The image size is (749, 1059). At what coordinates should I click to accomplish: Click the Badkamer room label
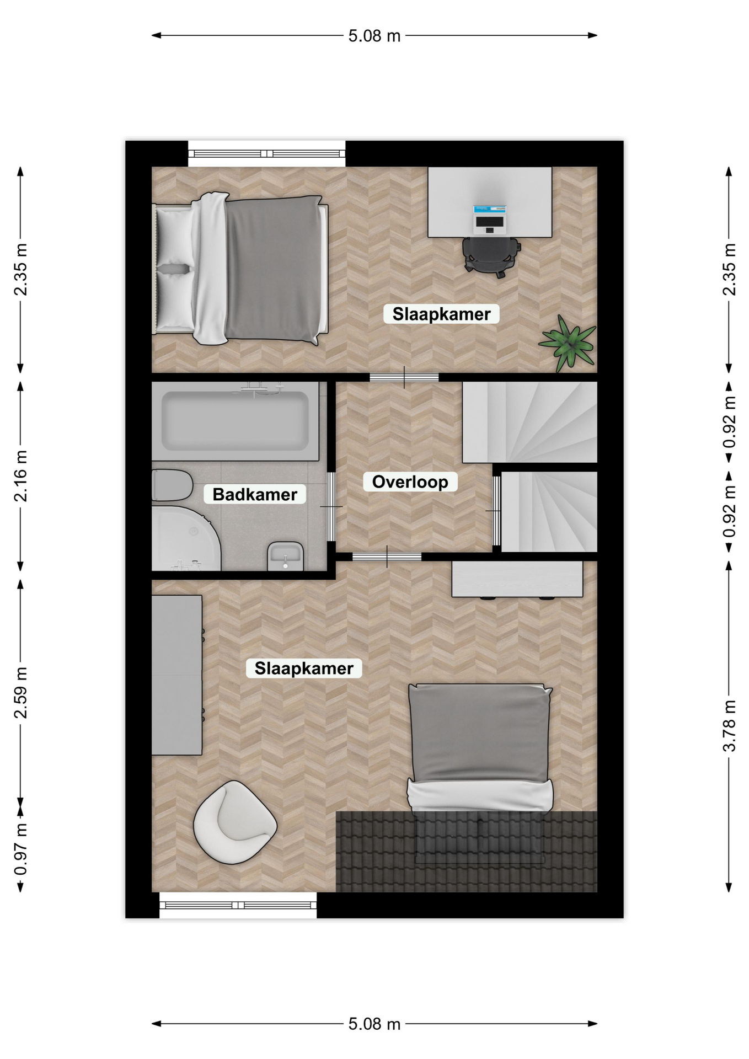pos(255,494)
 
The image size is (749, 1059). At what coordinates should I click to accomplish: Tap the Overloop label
pos(410,482)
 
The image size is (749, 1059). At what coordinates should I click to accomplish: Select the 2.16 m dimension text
pos(20,476)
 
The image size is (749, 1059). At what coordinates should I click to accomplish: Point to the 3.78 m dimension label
pos(729,725)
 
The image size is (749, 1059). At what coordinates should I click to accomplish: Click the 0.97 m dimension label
pos(20,849)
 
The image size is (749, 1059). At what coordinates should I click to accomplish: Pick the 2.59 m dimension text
pos(20,692)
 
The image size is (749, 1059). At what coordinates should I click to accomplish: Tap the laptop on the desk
pos(489,219)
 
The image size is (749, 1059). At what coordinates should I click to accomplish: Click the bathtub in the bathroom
pos(236,421)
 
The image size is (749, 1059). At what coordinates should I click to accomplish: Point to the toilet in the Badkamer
pos(172,485)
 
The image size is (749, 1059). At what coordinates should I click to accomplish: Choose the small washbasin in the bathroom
pos(285,556)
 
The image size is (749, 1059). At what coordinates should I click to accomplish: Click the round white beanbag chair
pos(235,822)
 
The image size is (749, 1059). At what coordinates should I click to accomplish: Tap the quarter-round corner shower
pos(186,539)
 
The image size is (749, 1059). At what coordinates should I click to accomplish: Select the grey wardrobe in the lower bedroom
pos(177,675)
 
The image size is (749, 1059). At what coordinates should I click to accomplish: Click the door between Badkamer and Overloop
pos(331,506)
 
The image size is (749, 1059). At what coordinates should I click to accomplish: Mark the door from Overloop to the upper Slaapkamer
pos(404,378)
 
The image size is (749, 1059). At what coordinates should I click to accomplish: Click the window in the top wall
pos(267,154)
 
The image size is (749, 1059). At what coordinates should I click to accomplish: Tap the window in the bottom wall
pos(238,905)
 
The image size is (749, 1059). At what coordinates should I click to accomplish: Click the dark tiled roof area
pos(467,851)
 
